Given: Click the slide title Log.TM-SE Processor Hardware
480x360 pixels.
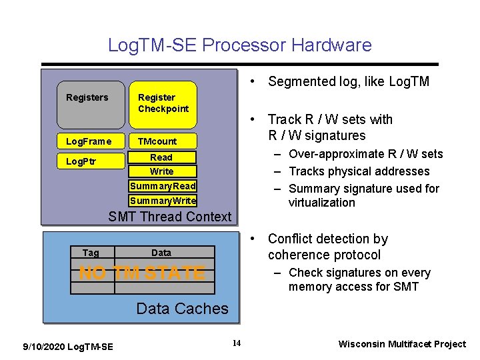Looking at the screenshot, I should click(x=240, y=45).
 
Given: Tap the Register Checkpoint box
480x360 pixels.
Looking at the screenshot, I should click(x=163, y=104).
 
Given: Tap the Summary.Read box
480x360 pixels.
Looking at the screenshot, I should click(x=163, y=186).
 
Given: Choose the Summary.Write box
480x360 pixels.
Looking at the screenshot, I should click(x=163, y=201).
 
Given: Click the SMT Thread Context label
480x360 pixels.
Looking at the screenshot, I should click(x=170, y=216).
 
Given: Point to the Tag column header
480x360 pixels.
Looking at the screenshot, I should click(x=91, y=253).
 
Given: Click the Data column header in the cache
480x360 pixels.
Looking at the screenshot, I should click(x=161, y=253).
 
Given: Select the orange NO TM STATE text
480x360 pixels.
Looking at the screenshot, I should click(x=142, y=273).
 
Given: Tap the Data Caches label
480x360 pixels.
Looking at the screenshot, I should click(x=182, y=309).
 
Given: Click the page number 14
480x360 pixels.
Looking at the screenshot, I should click(x=236, y=343).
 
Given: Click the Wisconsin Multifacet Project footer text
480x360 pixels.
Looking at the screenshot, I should click(x=402, y=344).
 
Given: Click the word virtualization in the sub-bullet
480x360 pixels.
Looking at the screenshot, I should click(x=322, y=203).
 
